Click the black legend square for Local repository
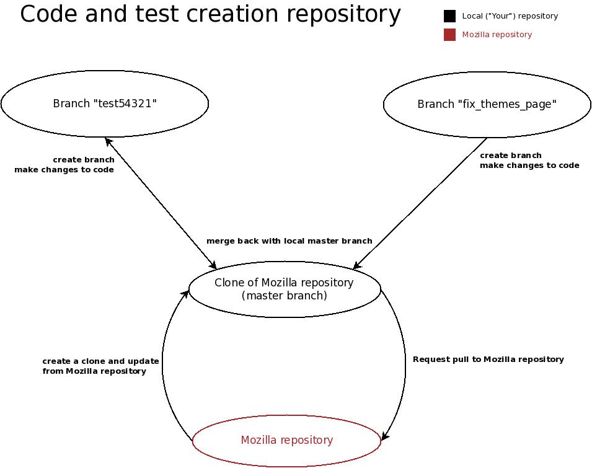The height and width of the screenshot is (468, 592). [449, 16]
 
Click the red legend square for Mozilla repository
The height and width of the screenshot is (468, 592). [449, 35]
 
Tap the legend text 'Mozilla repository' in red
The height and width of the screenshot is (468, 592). [497, 35]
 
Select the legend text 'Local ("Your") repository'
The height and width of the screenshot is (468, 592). [510, 16]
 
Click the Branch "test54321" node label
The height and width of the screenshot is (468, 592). [105, 104]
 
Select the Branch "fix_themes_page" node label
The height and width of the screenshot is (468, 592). [487, 104]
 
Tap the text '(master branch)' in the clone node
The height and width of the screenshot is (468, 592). [285, 296]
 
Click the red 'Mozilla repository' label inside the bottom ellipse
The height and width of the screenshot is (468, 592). [287, 440]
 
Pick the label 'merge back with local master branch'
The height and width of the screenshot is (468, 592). [289, 241]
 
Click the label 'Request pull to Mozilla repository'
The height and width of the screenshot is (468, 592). [488, 360]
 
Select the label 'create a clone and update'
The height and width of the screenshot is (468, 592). [100, 361]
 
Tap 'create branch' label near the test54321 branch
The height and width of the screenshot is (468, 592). [84, 160]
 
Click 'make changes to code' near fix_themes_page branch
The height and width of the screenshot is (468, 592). [529, 166]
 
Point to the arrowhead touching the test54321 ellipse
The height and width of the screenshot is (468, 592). [108, 141]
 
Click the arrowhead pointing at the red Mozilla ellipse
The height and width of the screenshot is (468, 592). [385, 436]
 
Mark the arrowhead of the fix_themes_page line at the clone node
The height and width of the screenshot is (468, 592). [357, 266]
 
